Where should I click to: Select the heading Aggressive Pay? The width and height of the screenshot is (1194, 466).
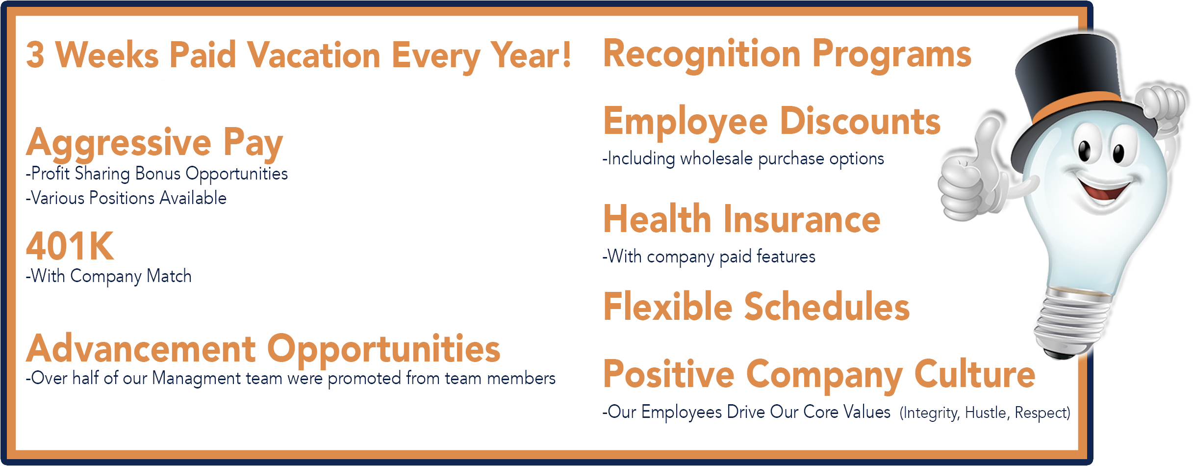click(x=154, y=143)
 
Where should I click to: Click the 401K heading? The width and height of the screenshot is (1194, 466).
click(x=70, y=246)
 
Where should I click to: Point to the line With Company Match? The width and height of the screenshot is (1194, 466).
click(x=108, y=276)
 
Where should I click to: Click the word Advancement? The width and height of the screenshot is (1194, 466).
click(x=141, y=349)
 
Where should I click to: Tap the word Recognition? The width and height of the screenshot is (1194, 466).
click(x=702, y=55)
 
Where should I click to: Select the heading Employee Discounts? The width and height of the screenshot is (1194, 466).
click(x=772, y=121)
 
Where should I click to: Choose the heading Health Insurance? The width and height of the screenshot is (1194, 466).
click(x=741, y=219)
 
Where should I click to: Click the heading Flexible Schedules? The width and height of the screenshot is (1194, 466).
click(x=756, y=307)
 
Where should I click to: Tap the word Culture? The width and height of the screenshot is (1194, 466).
click(x=975, y=374)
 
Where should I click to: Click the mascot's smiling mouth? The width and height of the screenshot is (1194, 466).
click(x=1106, y=189)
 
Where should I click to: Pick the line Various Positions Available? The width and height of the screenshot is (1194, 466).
click(x=126, y=198)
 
